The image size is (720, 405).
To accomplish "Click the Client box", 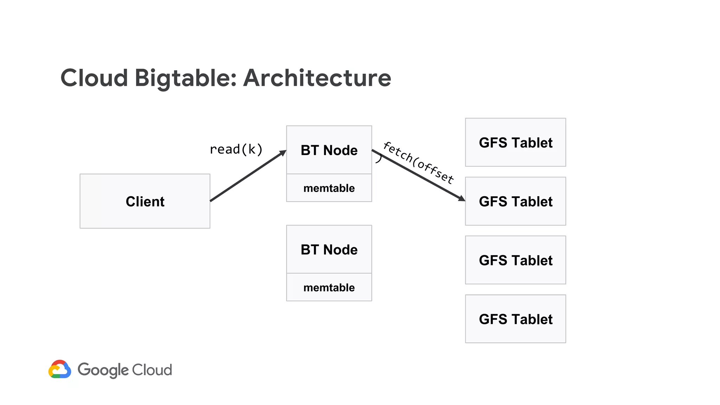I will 145,201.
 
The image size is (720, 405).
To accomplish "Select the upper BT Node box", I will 329,150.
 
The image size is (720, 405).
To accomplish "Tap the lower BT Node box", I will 329,250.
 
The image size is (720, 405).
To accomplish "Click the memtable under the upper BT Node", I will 329,188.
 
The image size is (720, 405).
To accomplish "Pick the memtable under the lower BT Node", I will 329,288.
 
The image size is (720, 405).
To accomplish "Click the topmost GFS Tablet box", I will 515,142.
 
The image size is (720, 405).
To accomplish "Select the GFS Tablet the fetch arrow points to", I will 515,201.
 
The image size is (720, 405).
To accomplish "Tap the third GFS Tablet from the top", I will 515,260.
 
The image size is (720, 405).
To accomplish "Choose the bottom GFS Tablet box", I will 515,319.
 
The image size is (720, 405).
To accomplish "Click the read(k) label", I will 236,149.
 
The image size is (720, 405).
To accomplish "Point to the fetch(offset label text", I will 418,162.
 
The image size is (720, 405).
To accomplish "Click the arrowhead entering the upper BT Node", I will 283,153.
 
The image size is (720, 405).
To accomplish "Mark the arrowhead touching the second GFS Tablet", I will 462,199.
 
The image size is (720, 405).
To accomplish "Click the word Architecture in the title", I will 317,78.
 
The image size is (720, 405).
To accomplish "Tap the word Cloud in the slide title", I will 94,78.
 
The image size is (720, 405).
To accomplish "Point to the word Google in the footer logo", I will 103,370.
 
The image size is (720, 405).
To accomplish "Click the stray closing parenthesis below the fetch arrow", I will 379,159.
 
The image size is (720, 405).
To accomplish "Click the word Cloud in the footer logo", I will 152,370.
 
